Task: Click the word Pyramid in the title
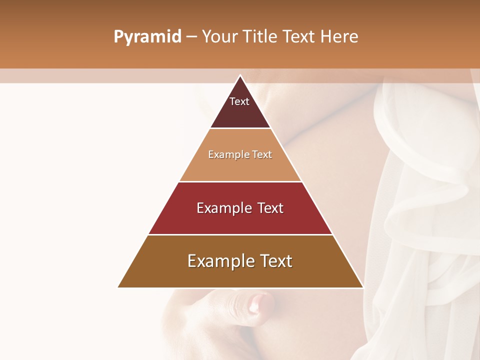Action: click(147, 37)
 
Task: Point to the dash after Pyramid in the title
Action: click(191, 37)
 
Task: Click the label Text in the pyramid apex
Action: click(239, 101)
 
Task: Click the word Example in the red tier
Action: click(223, 208)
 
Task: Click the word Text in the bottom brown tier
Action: click(275, 261)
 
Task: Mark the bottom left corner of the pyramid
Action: click(118, 287)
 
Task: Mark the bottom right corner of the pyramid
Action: click(362, 287)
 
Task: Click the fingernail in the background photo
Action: click(259, 302)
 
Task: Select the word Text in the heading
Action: click(298, 37)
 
